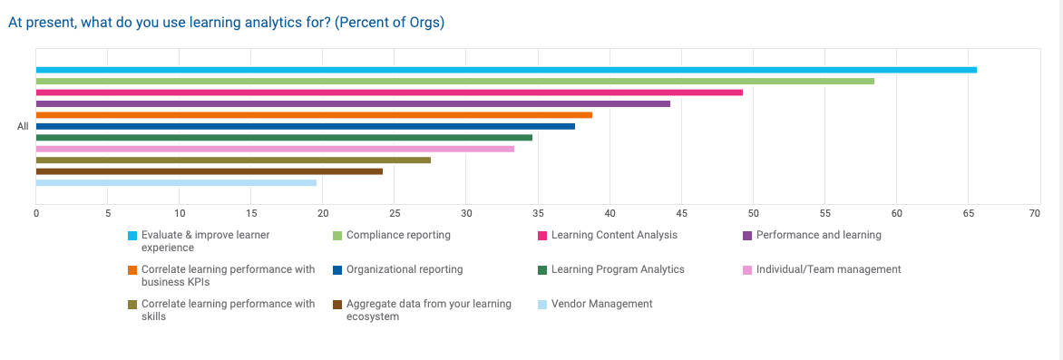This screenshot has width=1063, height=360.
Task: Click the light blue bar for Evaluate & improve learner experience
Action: click(506, 70)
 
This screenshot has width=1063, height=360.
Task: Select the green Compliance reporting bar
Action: click(454, 81)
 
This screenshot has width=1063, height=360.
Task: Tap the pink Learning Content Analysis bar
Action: click(389, 92)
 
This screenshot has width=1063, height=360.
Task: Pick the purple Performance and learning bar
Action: click(353, 103)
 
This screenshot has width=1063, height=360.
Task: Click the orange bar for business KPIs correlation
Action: click(314, 115)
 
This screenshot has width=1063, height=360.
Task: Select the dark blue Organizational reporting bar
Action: click(305, 126)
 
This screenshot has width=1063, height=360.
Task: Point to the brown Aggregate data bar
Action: click(209, 171)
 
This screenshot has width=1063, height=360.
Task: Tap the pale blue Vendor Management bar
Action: click(176, 182)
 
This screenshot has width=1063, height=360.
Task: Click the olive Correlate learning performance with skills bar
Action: click(233, 160)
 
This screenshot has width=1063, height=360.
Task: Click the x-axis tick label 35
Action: click(538, 214)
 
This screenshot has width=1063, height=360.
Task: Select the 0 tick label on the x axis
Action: click(36, 214)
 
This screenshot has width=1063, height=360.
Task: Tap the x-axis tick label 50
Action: click(753, 214)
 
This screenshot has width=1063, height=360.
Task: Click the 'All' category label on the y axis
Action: click(23, 127)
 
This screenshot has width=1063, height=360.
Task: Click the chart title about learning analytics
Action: click(226, 23)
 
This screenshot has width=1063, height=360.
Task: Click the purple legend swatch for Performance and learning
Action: click(748, 236)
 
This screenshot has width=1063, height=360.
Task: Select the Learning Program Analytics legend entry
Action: click(618, 269)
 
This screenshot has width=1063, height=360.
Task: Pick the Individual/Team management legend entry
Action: click(828, 269)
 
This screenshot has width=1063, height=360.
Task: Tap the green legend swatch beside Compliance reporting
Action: click(338, 236)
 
